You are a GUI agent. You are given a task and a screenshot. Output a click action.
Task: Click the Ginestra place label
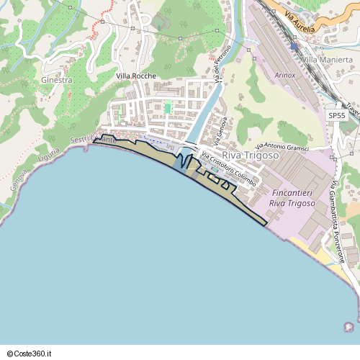57,80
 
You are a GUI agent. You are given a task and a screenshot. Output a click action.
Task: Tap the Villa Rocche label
136,76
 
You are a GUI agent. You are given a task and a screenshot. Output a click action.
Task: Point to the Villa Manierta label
328,59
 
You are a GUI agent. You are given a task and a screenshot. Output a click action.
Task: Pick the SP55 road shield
336,115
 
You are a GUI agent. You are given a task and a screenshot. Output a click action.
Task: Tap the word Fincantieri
296,194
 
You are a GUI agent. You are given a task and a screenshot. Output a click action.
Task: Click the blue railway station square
294,46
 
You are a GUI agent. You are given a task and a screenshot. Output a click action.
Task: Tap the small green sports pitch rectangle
168,108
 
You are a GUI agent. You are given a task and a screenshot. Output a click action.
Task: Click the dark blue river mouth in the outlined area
179,161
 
